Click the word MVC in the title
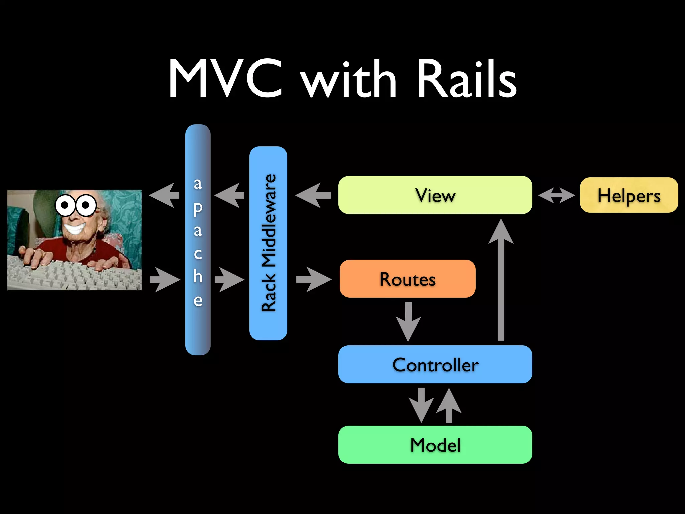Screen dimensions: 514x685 click(x=226, y=79)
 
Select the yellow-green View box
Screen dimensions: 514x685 click(x=435, y=195)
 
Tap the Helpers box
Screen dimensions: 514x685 click(x=629, y=195)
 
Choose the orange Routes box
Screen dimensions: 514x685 click(x=407, y=279)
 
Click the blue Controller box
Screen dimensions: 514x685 click(x=435, y=364)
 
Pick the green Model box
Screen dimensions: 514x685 click(x=435, y=445)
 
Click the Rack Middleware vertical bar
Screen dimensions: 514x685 click(x=268, y=243)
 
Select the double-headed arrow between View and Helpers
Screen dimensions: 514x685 click(x=556, y=195)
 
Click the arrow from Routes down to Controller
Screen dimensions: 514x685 click(x=408, y=321)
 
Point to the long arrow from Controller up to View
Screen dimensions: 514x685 click(x=501, y=281)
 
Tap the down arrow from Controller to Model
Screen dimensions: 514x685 click(x=421, y=405)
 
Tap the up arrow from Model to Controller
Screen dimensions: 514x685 click(x=449, y=405)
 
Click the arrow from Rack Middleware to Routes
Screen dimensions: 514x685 click(x=313, y=279)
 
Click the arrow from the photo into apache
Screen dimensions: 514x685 click(x=165, y=280)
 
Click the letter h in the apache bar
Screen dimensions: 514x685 click(x=198, y=276)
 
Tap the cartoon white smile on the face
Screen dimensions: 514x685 click(x=75, y=229)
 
